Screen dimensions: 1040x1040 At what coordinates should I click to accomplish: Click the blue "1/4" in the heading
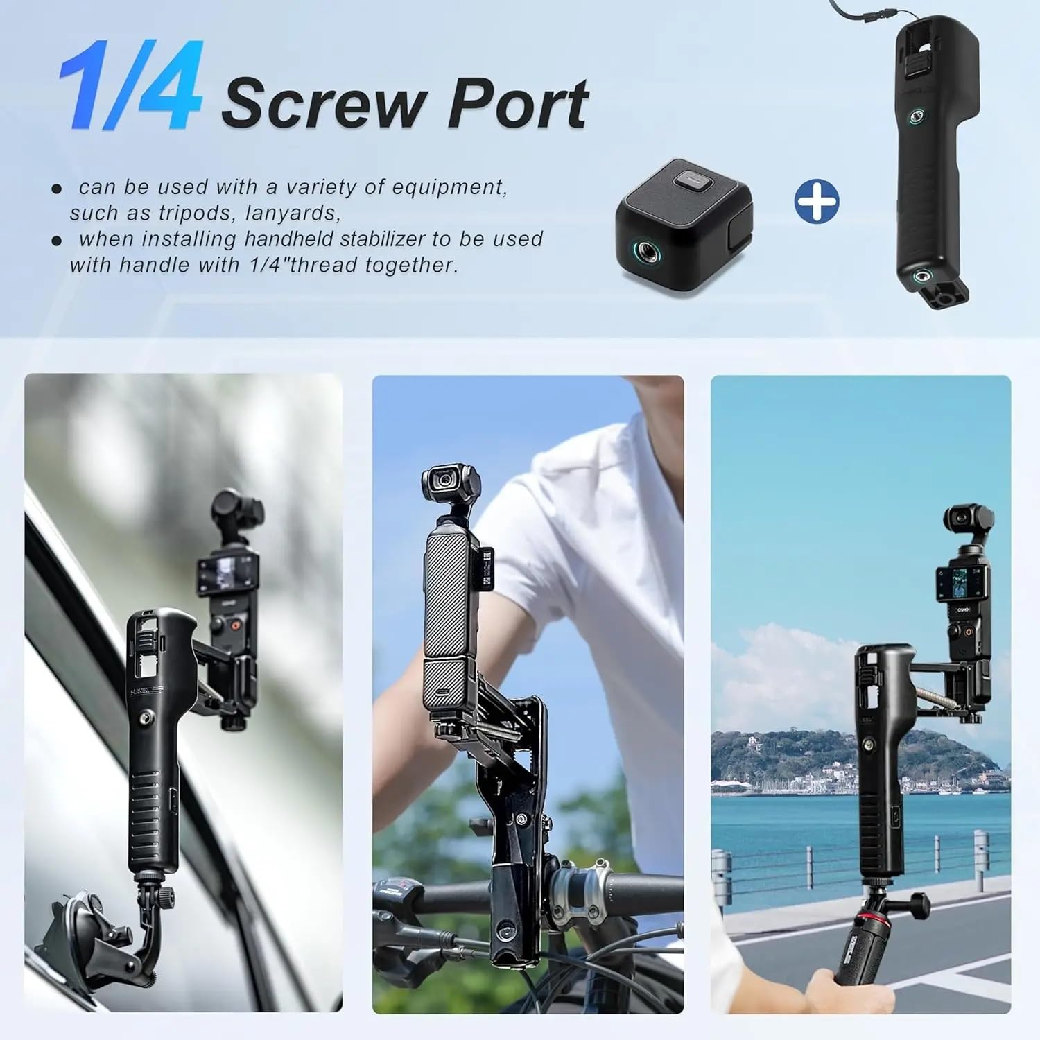point(130,87)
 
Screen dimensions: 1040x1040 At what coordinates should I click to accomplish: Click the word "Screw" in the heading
point(322,104)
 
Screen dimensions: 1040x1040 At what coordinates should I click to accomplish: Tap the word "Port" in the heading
point(518,104)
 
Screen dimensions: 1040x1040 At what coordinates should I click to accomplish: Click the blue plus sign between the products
point(816,202)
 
